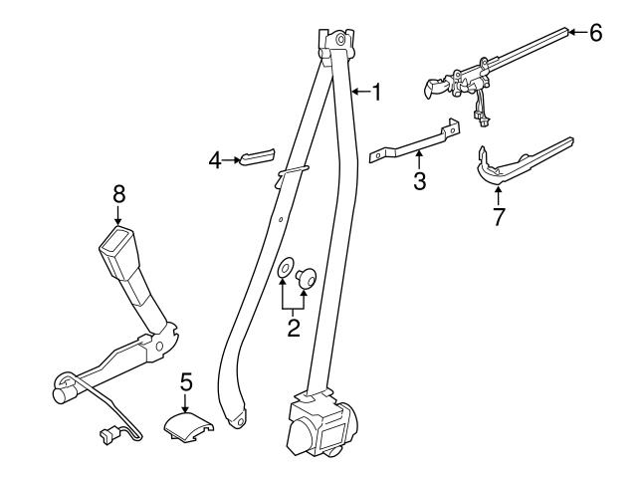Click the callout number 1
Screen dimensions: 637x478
tap(377, 93)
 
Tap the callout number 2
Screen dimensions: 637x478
tap(294, 328)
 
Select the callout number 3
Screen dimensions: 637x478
tap(420, 181)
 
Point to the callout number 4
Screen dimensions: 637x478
tap(215, 161)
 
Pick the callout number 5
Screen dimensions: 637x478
tap(186, 382)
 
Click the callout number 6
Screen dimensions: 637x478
tap(595, 33)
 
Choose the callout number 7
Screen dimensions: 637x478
tap(498, 216)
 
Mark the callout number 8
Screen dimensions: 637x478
tap(118, 194)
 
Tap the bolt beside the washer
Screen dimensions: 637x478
tap(306, 276)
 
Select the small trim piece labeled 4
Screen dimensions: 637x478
tap(258, 157)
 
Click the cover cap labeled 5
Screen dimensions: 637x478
tap(188, 427)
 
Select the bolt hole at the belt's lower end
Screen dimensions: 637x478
tap(241, 420)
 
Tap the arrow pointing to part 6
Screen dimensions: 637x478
tap(577, 32)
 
